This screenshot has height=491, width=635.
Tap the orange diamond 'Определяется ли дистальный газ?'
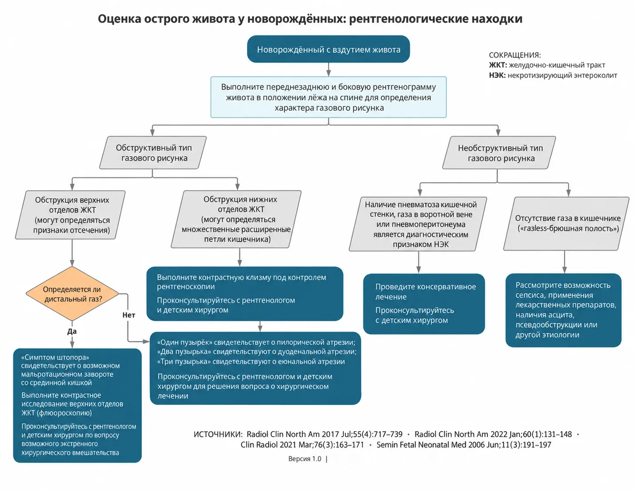[72, 293]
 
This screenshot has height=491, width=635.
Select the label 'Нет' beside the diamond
[129, 315]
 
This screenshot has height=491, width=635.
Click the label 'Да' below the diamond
[72, 331]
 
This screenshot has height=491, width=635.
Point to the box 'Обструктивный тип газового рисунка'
[153, 153]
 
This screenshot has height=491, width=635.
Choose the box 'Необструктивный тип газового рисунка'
[499, 153]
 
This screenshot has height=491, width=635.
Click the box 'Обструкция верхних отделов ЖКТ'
[70, 215]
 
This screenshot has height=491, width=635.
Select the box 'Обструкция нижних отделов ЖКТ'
[236, 219]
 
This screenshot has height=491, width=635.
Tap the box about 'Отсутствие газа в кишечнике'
[566, 223]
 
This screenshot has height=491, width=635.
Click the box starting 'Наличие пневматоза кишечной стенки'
[418, 224]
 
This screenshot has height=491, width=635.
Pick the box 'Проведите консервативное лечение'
[424, 304]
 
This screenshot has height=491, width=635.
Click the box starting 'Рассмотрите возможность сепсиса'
[563, 310]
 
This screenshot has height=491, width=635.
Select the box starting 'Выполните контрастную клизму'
[244, 293]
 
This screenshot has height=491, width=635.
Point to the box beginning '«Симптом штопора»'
[77, 405]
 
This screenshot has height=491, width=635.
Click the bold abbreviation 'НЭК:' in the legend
[497, 75]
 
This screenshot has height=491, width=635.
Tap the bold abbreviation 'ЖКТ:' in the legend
[498, 65]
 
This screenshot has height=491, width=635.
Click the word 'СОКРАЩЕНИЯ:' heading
[515, 55]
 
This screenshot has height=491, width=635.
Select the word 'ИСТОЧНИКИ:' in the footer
[218, 434]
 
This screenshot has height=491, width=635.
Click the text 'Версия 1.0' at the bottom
[305, 459]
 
